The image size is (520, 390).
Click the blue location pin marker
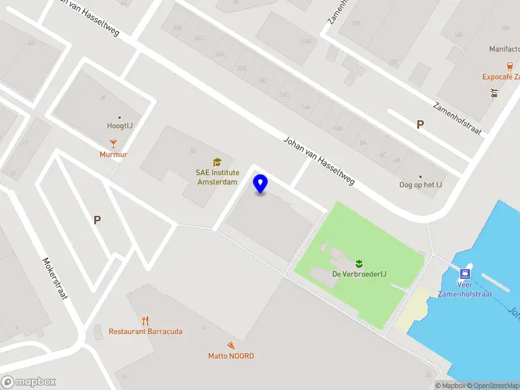261,184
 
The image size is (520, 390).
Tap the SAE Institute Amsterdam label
217,177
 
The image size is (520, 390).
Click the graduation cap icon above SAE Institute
217,162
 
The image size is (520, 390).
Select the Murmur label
113,155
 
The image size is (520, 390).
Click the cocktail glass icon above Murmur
113,143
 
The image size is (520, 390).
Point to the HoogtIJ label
120,126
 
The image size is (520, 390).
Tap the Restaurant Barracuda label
146,331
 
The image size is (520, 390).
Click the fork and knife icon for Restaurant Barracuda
146,320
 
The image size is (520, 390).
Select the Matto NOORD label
231,356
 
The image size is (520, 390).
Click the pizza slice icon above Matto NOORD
231,344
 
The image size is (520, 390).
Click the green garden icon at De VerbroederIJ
358,263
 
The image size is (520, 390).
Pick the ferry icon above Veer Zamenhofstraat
465,274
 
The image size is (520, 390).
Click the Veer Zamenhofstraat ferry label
473,289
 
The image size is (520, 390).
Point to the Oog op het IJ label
421,185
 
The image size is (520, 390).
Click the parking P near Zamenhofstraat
420,124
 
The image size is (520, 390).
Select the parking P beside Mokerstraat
97,220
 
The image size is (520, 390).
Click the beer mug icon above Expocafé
510,66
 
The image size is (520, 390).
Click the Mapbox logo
29,382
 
